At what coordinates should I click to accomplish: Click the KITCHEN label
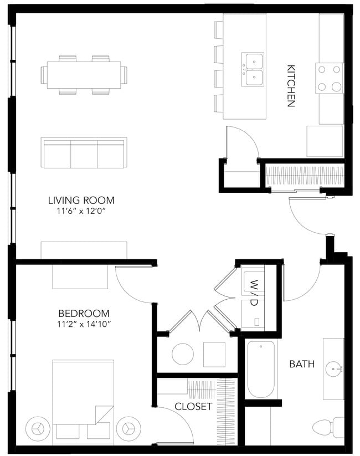click(291, 86)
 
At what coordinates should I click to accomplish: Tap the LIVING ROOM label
click(81, 200)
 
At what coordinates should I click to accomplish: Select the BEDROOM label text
click(84, 313)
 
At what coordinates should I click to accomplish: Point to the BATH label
click(302, 364)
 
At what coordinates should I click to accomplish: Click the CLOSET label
click(193, 406)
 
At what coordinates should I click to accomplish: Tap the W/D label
click(254, 293)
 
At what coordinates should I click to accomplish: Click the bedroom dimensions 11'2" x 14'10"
click(84, 324)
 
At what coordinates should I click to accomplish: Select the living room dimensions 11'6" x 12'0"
click(81, 211)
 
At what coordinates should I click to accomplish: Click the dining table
click(84, 75)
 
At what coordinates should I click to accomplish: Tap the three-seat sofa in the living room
click(84, 153)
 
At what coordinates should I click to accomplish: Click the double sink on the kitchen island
click(253, 69)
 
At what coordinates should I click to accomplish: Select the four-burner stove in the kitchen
click(330, 78)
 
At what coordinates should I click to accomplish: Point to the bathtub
click(261, 370)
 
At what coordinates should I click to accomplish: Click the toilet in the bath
click(328, 428)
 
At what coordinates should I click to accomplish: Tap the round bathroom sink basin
click(334, 370)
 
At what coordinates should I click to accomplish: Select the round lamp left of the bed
click(38, 428)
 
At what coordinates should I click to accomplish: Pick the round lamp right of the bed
click(128, 428)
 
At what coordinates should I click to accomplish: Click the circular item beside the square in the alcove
click(183, 354)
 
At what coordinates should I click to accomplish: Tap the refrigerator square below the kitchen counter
click(325, 141)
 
